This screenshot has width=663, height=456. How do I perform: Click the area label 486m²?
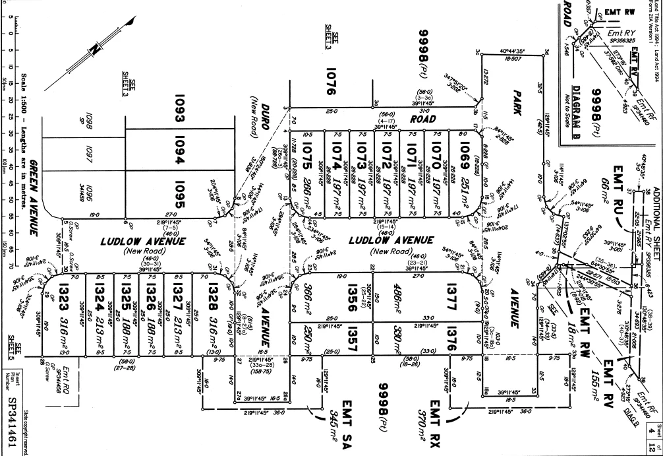coord(399,287)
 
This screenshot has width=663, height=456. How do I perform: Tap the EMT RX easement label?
coord(438,412)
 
